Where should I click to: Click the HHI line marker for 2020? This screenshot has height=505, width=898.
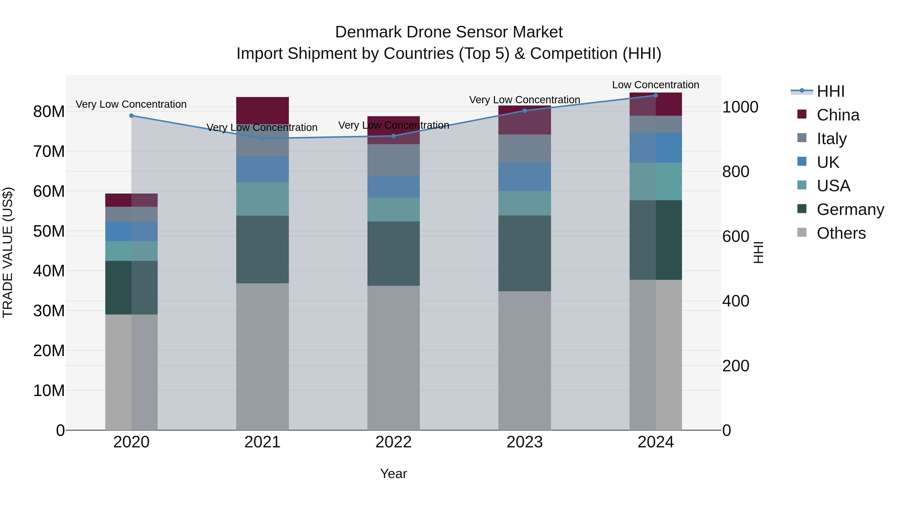pyautogui.click(x=131, y=116)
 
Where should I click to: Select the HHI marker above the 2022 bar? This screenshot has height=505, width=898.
pyautogui.click(x=394, y=136)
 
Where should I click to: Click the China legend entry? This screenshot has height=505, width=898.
pyautogui.click(x=838, y=115)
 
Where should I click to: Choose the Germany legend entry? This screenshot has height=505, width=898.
pyautogui.click(x=850, y=209)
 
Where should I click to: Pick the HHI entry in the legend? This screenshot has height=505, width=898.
pyautogui.click(x=830, y=91)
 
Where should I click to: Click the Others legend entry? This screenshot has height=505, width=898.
pyautogui.click(x=841, y=233)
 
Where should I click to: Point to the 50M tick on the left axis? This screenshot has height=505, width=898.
pyautogui.click(x=49, y=231)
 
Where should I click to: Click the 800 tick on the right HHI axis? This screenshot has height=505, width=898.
pyautogui.click(x=736, y=172)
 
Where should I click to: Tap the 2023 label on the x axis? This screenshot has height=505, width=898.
pyautogui.click(x=524, y=442)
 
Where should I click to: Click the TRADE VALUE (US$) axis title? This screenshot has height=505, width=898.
pyautogui.click(x=8, y=252)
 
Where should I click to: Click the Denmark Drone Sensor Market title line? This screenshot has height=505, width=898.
pyautogui.click(x=449, y=32)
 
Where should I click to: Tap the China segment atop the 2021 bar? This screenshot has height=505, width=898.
pyautogui.click(x=262, y=110)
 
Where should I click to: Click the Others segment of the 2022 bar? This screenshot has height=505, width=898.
pyautogui.click(x=394, y=358)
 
